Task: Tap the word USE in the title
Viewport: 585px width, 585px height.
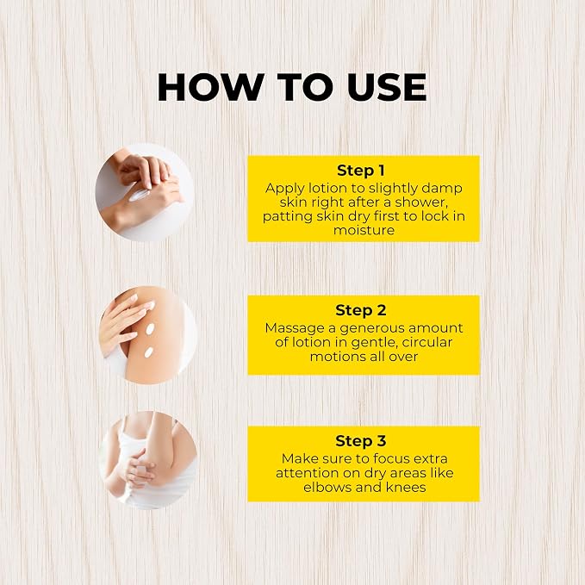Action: [x=387, y=87]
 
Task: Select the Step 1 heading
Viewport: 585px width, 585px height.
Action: [x=361, y=171]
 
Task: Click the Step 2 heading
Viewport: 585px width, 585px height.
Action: [x=361, y=310]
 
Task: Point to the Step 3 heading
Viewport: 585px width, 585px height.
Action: [x=361, y=441]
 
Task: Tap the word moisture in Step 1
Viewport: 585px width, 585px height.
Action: [x=364, y=230]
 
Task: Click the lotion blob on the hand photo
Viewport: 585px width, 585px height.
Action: [x=138, y=195]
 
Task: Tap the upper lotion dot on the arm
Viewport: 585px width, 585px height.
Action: [x=150, y=329]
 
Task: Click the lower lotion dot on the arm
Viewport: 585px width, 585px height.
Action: [x=148, y=352]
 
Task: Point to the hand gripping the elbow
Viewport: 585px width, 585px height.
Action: [x=140, y=470]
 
